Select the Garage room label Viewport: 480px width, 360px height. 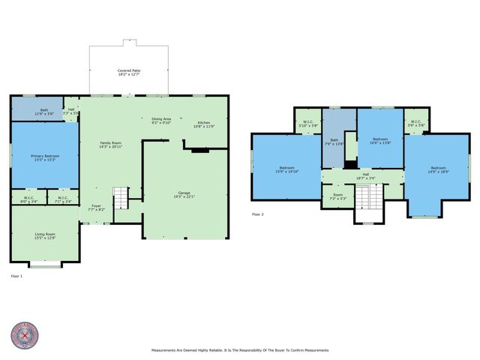(184, 194)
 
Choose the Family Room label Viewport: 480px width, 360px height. (112, 145)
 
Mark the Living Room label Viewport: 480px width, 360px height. (45, 235)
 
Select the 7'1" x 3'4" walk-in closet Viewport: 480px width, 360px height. (62, 199)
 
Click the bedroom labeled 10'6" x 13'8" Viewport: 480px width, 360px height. (381, 140)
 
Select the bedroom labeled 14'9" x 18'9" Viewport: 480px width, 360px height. (437, 169)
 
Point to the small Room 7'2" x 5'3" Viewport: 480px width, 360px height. (337, 196)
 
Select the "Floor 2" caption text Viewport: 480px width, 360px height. (258, 214)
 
